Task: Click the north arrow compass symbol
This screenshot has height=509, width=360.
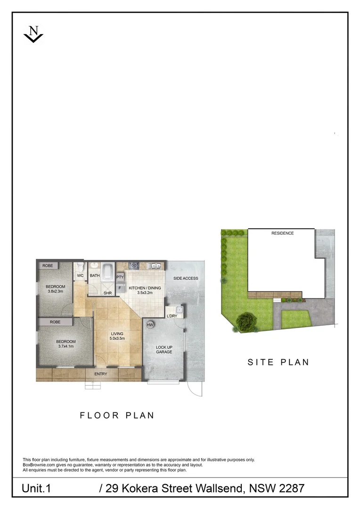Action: [x=33, y=34]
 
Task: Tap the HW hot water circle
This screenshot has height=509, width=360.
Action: [x=150, y=325]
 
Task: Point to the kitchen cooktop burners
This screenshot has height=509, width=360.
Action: [x=133, y=265]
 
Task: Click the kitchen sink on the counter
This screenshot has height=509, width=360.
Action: [x=154, y=265]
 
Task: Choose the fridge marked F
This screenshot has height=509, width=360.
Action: [x=120, y=287]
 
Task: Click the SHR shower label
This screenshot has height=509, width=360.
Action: [x=108, y=293]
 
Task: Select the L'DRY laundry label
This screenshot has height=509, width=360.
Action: [x=172, y=316]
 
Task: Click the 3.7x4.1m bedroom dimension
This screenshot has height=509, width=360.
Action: [x=66, y=346]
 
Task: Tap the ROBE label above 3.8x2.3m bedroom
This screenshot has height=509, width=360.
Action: [x=48, y=266]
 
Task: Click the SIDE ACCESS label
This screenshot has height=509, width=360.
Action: [x=186, y=278]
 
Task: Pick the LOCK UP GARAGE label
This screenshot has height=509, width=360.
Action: [x=164, y=349]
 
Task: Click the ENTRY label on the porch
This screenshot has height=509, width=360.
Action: [x=101, y=374]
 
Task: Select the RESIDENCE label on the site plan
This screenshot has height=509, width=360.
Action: [x=282, y=233]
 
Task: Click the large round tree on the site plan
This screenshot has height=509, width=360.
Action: [x=245, y=322]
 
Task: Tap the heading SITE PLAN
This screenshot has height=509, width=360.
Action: [x=278, y=362]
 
